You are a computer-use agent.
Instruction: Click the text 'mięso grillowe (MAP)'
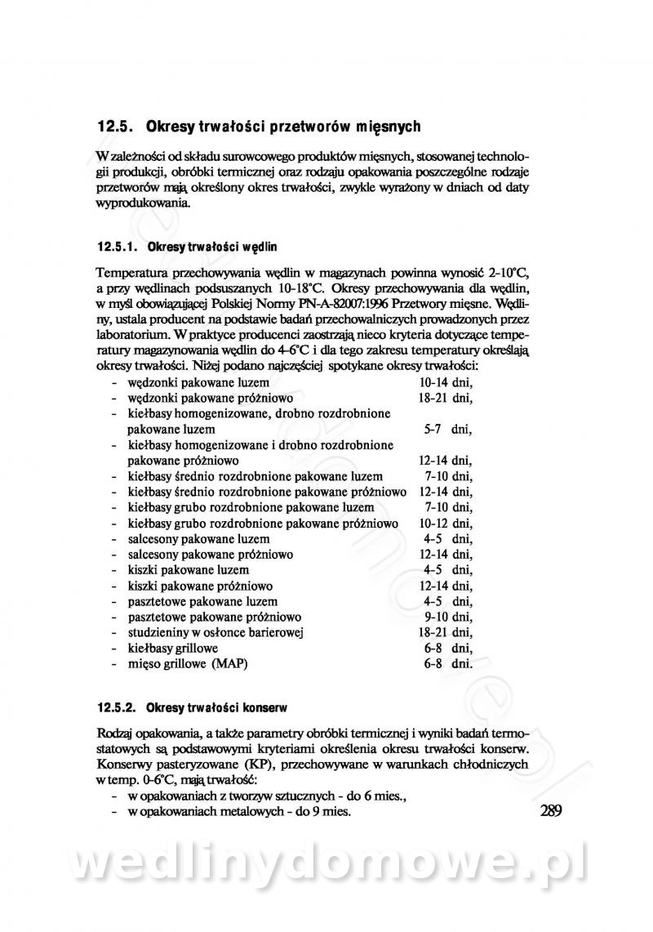(187, 663)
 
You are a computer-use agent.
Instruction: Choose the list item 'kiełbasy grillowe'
(172, 648)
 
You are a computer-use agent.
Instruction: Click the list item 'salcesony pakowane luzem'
(198, 539)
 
